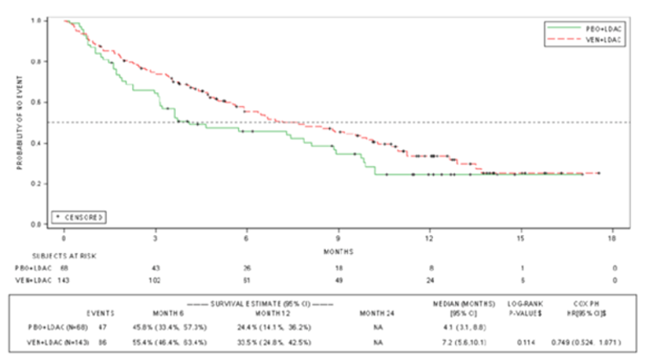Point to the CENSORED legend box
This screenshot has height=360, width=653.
pyautogui.click(x=80, y=216)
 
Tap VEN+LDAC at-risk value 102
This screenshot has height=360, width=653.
pyautogui.click(x=156, y=281)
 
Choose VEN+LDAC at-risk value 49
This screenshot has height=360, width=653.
pyautogui.click(x=338, y=281)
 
